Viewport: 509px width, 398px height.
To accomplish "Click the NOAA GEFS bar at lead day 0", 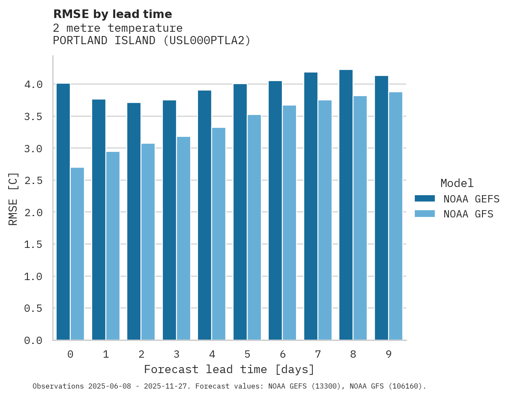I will click(63, 212).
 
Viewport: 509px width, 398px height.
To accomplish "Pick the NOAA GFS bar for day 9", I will click(395, 216).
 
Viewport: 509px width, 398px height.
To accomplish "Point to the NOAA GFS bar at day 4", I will click(219, 234).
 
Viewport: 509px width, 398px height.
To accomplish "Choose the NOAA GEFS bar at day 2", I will click(134, 221).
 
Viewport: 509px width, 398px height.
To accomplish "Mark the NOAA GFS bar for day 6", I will click(289, 223).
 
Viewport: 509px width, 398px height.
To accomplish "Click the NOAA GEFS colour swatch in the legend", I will click(425, 199).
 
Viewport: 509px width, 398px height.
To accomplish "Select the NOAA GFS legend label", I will click(468, 214).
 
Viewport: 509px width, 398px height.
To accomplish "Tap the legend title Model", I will click(457, 184).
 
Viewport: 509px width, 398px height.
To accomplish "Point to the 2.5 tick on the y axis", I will click(33, 181).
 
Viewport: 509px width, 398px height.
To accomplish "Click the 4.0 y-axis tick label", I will click(33, 84).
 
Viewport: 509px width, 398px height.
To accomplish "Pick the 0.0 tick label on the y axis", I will click(33, 341).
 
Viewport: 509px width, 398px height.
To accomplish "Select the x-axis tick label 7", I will click(317, 354).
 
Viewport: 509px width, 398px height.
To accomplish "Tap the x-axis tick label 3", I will click(176, 354).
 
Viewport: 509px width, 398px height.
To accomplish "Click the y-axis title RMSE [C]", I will click(13, 199).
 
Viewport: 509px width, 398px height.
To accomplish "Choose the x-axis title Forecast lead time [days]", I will click(229, 369).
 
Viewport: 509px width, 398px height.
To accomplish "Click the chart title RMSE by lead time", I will click(112, 14).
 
